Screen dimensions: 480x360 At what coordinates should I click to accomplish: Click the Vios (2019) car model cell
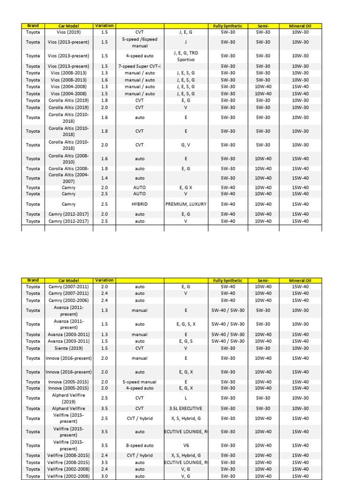point(68,32)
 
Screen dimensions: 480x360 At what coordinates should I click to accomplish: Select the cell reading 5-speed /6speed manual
point(140,43)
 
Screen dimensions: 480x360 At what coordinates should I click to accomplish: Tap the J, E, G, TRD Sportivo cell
point(186,56)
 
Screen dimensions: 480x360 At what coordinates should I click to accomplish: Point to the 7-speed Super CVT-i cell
point(140,67)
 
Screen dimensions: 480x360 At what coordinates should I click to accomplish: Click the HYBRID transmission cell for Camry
point(140,204)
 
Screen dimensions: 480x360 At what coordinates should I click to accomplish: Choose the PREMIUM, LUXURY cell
point(186,204)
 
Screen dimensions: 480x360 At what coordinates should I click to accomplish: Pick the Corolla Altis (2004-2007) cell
point(68,178)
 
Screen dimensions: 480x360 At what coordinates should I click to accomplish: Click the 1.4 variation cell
point(104,178)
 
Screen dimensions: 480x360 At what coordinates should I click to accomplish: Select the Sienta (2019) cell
point(68,348)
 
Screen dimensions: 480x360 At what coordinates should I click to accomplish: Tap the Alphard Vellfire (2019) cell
point(68,398)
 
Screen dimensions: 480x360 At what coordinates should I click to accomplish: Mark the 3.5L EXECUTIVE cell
point(186,409)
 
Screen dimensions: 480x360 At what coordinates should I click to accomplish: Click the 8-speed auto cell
point(140,446)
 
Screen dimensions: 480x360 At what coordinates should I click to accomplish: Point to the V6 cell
point(186,446)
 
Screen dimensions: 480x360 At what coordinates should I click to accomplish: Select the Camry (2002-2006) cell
point(68,300)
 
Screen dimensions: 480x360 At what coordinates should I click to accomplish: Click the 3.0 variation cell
point(104,476)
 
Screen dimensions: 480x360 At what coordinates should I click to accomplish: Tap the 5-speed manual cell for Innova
point(140,382)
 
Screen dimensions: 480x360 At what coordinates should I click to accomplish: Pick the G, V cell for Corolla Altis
point(186,145)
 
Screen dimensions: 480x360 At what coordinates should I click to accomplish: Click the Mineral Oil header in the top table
point(300,26)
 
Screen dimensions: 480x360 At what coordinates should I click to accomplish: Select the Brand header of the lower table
point(33,280)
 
